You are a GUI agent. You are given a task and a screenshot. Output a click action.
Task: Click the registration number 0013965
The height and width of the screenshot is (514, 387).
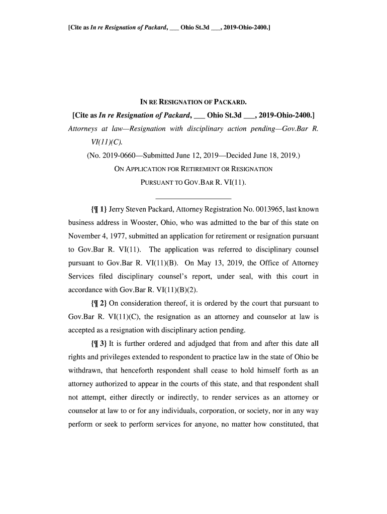point(272,208)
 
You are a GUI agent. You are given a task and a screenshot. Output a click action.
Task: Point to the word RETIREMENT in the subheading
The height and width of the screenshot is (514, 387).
point(206,169)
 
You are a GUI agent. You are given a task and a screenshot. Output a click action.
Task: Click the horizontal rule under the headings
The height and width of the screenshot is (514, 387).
point(193,197)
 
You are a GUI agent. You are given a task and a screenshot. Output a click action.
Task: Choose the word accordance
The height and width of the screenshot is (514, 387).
point(86,290)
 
